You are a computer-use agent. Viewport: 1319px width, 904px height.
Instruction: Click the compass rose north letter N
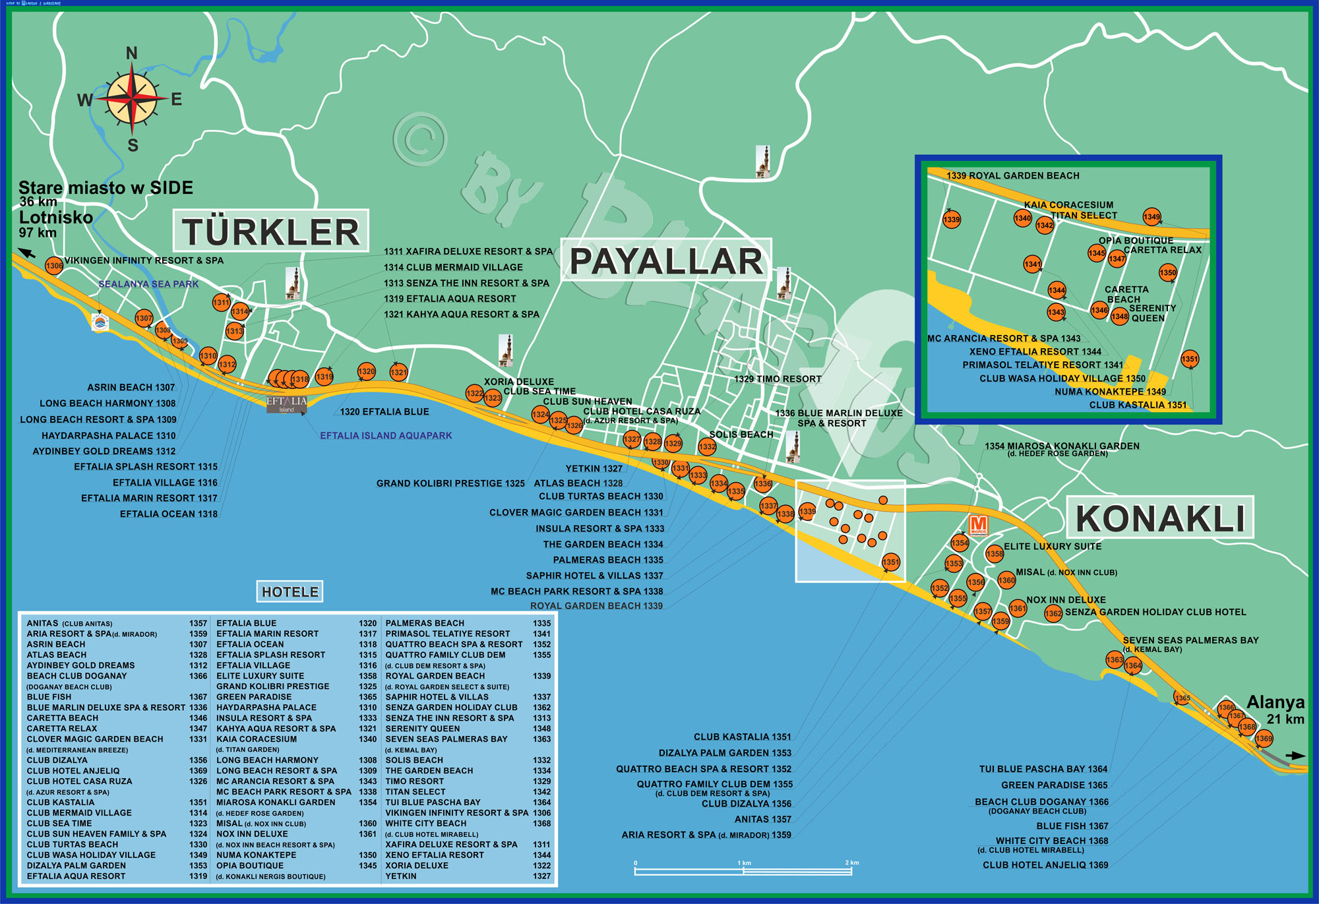point(132,53)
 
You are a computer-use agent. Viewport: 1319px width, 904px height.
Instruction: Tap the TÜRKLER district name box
point(271,231)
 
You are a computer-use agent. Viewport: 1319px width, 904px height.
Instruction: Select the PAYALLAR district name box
point(665,260)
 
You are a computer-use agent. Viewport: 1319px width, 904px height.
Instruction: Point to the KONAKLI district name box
point(1160,518)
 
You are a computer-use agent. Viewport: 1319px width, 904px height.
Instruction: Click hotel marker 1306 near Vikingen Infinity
point(54,266)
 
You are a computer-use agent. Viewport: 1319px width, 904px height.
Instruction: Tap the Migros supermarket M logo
point(979,526)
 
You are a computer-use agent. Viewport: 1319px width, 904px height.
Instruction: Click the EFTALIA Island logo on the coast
point(286,404)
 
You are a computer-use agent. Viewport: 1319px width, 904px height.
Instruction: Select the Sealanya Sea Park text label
point(148,284)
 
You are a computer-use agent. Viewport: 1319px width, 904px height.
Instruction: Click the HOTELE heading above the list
point(290,591)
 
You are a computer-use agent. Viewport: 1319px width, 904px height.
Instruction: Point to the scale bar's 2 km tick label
point(851,862)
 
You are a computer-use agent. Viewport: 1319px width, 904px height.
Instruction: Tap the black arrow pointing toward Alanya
point(1295,756)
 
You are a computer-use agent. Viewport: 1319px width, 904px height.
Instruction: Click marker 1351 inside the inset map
point(1190,359)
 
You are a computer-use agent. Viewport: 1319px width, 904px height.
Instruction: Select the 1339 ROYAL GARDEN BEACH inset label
point(1012,175)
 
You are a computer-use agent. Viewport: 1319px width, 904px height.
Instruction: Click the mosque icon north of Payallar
point(762,162)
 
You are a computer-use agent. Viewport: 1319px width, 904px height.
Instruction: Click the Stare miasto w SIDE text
point(106,188)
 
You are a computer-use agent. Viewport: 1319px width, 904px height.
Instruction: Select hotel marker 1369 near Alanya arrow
point(1264,738)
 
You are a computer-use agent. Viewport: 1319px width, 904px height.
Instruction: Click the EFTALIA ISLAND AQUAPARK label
point(386,435)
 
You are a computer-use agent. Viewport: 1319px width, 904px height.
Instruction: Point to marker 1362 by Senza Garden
point(1053,613)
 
